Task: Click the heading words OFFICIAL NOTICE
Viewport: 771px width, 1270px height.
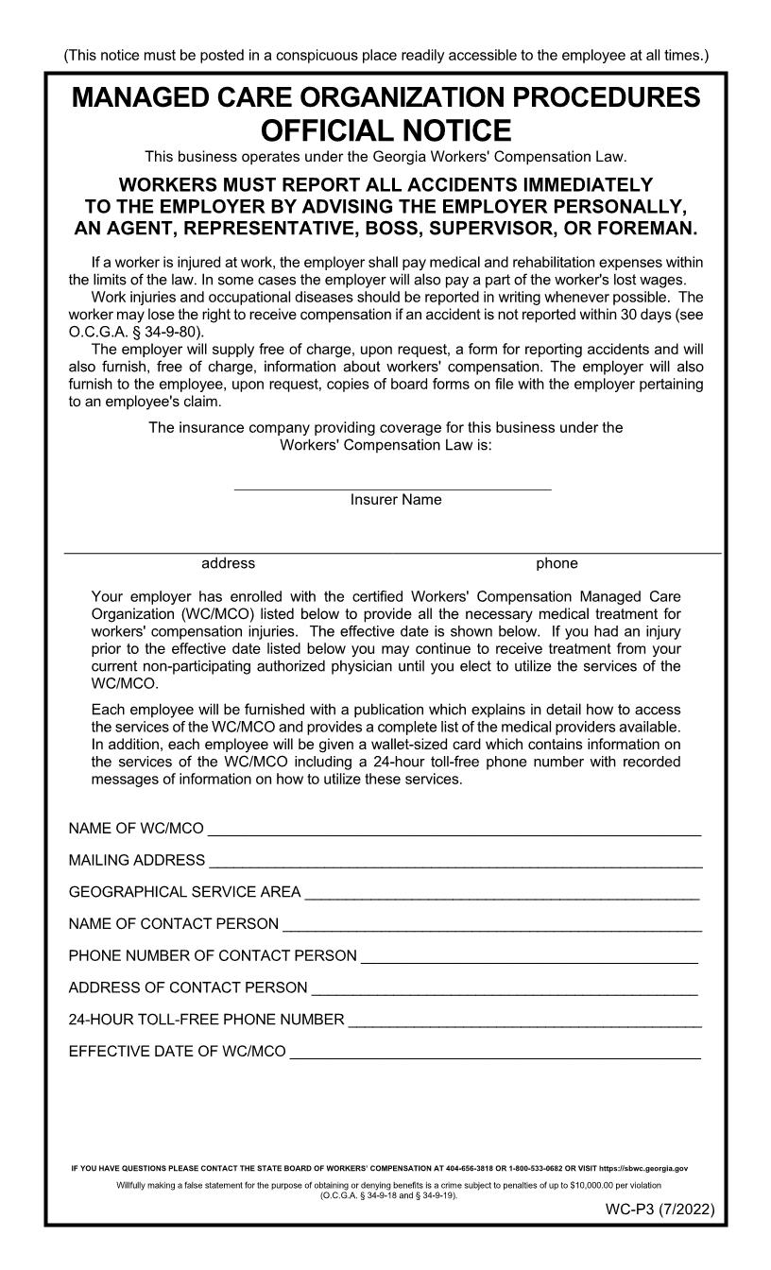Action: click(385, 130)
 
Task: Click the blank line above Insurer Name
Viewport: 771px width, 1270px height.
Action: click(392, 487)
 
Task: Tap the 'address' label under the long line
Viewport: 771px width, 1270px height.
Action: click(228, 563)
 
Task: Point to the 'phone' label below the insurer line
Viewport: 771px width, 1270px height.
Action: click(557, 563)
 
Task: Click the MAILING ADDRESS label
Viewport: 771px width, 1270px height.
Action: click(136, 860)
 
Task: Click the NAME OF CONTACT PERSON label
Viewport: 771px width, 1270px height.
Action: click(173, 923)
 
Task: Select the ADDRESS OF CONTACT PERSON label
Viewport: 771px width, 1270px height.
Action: click(187, 987)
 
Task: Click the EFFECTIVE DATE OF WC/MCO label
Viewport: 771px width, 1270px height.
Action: click(177, 1052)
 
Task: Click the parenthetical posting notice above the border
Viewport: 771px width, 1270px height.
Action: click(385, 56)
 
